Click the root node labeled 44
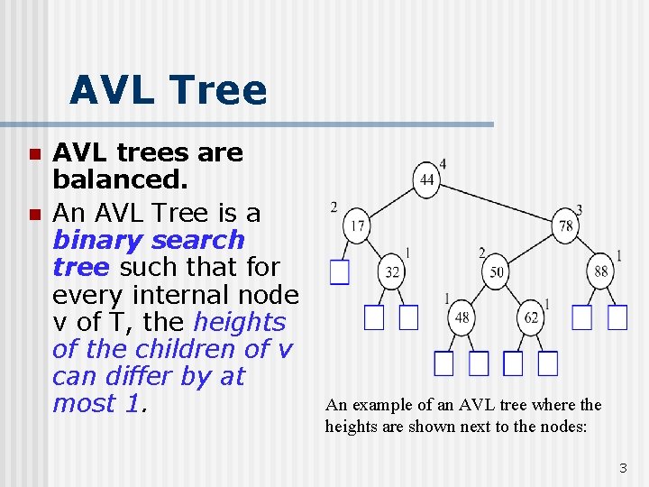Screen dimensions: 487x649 tap(426, 180)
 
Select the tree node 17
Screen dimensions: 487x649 tap(358, 225)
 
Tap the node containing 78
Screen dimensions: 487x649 tap(566, 225)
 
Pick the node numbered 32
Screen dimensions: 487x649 tap(392, 271)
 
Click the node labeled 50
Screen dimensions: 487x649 tap(497, 271)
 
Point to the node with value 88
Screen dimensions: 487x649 tap(601, 271)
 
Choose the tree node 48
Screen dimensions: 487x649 tap(462, 317)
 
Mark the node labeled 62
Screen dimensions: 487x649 tap(531, 317)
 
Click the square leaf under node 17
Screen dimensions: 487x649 tap(339, 271)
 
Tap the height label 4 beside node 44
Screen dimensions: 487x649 tap(443, 163)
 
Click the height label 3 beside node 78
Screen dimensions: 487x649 tap(579, 209)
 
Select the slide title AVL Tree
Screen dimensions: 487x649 tap(168, 91)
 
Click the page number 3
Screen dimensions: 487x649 tap(622, 467)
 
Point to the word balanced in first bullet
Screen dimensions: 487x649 tap(120, 180)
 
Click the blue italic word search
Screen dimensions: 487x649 tap(194, 240)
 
